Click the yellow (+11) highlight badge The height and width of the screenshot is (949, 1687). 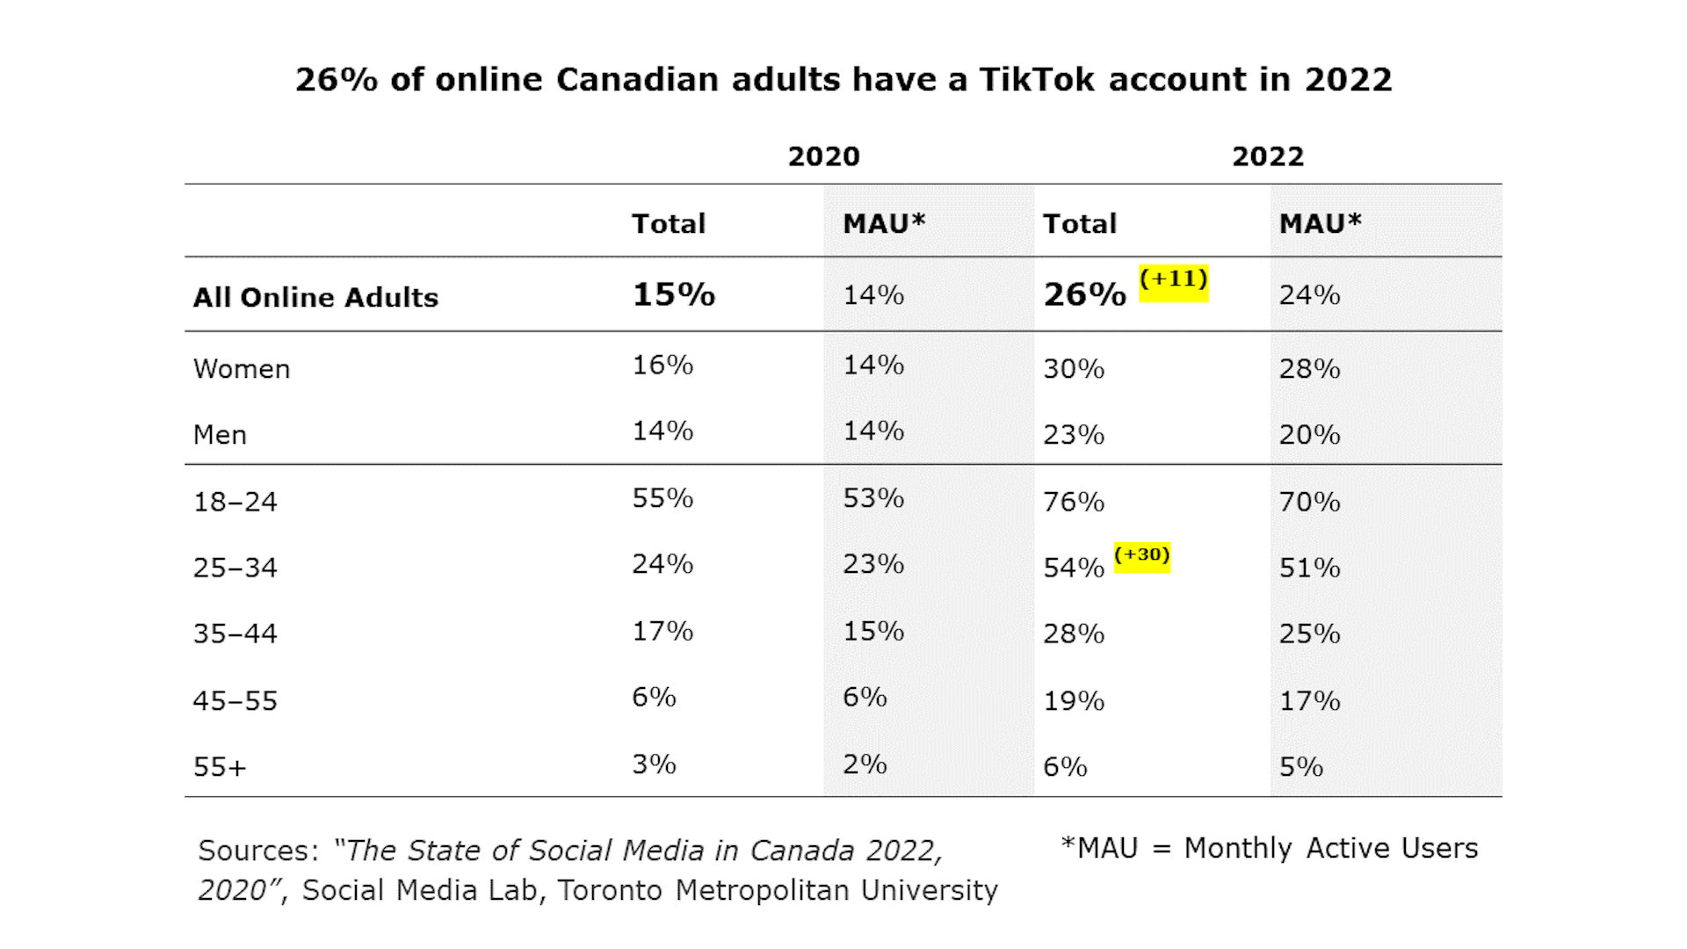point(1174,283)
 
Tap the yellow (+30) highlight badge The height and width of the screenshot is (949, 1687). point(1142,557)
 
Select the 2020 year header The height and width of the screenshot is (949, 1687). point(823,156)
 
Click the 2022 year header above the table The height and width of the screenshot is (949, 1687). point(1267,156)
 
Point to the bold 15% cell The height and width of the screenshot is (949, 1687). point(674,294)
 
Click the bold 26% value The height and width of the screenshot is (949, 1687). point(1084,294)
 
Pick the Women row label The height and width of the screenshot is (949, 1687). point(242,368)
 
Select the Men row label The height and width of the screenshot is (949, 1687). point(220,434)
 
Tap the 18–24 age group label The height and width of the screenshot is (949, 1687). point(235,502)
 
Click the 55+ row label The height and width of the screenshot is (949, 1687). point(220,766)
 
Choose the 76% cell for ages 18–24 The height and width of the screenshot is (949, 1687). point(1074,502)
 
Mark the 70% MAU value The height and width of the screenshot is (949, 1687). point(1309,502)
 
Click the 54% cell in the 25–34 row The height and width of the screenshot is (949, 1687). point(1074,568)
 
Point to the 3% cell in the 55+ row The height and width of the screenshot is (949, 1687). point(654,764)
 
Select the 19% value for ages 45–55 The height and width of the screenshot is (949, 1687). point(1074,700)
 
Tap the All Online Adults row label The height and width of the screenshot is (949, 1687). point(315,297)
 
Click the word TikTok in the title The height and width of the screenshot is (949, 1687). point(1038,79)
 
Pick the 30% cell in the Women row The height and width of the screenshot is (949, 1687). point(1074,368)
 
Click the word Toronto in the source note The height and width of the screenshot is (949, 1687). point(612,890)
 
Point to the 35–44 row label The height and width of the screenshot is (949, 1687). point(235,634)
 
